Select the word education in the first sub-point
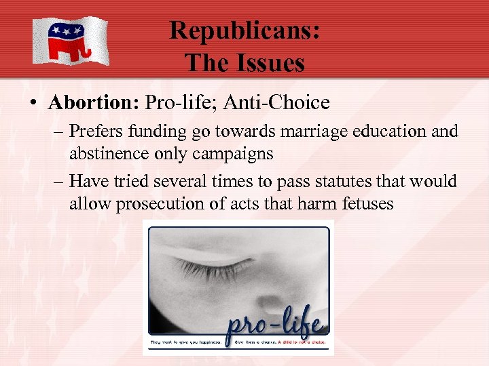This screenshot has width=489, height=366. point(375,131)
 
